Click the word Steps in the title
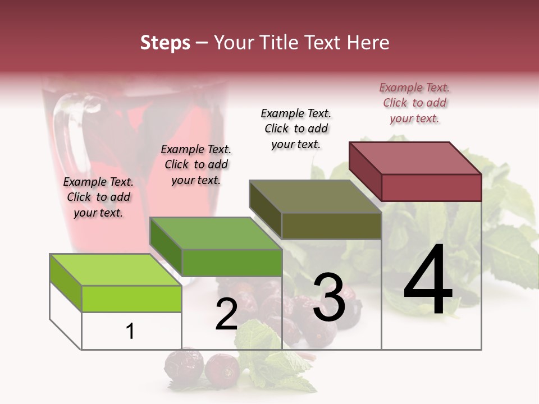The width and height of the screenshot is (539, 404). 165,43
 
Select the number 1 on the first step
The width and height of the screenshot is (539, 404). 130,332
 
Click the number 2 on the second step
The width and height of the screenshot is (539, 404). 226,315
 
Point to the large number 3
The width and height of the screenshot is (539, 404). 328,297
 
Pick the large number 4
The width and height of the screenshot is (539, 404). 428,281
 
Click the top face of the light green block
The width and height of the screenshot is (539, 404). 116,270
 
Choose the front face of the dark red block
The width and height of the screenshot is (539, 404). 431,187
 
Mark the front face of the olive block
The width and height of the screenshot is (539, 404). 331,226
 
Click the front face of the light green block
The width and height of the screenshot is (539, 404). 131,299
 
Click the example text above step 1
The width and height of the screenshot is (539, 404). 98,198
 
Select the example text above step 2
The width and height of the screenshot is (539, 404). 196,165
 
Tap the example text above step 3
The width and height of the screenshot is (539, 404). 296,128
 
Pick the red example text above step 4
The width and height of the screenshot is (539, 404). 414,103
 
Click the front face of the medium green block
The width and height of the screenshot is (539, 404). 231,263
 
